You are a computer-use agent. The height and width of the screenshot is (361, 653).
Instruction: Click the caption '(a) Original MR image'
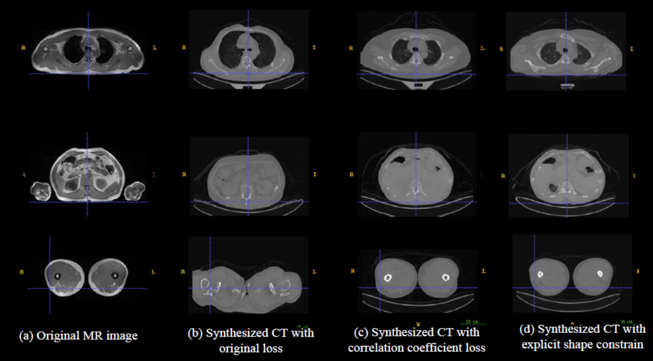pos(78,336)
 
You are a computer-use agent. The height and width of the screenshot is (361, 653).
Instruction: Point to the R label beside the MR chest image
pos(23,47)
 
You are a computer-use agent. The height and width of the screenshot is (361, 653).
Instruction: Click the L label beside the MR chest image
pos(155,47)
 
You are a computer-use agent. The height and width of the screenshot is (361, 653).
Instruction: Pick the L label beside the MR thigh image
pos(154,272)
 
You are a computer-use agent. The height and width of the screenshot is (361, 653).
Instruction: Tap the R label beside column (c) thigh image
pos(352,270)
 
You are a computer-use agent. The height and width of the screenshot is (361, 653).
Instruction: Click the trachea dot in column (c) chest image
pos(415,49)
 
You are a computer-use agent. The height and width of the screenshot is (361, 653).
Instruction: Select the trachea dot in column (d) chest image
pos(565,51)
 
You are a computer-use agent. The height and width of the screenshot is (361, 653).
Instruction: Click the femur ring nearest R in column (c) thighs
pos(388,277)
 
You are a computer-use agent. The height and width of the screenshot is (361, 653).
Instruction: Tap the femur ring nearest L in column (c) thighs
pos(446,277)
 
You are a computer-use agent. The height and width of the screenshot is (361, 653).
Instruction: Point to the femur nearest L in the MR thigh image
pos(114,275)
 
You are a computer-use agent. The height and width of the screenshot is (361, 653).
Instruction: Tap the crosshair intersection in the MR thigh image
pos(50,289)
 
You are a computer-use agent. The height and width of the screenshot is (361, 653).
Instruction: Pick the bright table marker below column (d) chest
pos(566,85)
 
